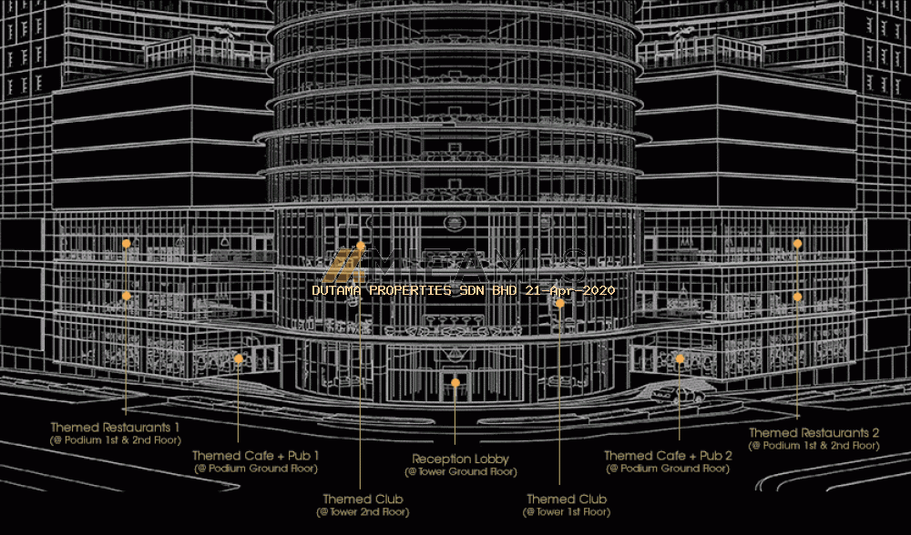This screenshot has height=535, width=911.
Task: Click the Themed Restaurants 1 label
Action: [x=116, y=427]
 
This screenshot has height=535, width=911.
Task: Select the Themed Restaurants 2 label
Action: [x=814, y=433]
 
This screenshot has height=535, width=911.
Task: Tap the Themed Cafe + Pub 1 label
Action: [x=256, y=456]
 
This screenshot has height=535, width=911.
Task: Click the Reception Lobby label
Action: [x=460, y=459]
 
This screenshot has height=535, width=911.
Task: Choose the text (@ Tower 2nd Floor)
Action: [x=362, y=512]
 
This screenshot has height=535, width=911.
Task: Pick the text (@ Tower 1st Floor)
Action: [x=567, y=512]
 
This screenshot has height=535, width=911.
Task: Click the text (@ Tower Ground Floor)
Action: [x=460, y=472]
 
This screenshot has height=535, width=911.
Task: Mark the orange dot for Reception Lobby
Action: [x=455, y=383]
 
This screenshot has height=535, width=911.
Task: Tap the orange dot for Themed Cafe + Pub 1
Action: [x=239, y=359]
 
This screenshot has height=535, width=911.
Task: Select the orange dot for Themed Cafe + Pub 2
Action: [x=680, y=359]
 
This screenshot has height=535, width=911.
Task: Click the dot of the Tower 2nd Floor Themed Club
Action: [x=361, y=247]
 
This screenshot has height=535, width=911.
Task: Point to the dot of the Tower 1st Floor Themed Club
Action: [x=560, y=304]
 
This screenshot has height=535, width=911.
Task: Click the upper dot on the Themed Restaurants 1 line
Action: [x=127, y=244]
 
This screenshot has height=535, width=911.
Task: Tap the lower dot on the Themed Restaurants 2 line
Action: [x=797, y=297]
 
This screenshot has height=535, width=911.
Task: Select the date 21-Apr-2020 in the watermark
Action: [x=575, y=290]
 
